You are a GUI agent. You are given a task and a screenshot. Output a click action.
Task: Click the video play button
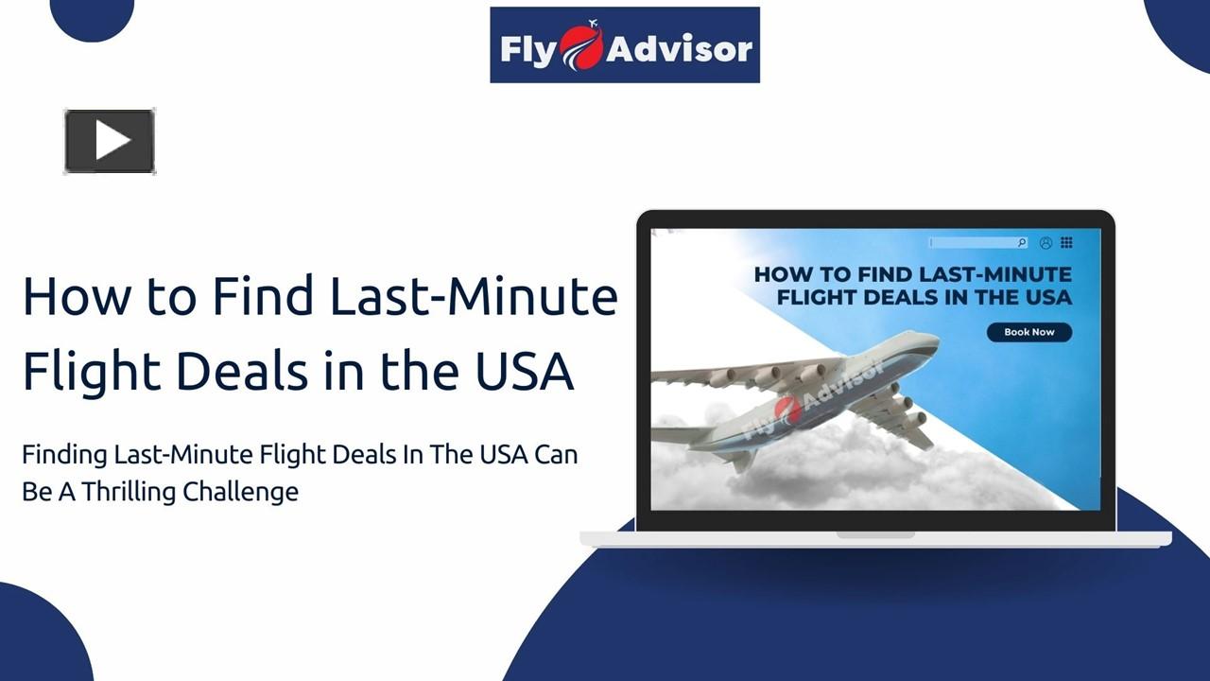[110, 142]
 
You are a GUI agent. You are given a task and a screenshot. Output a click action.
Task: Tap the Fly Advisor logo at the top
[625, 45]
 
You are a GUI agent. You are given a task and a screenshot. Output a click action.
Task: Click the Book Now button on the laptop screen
[1028, 332]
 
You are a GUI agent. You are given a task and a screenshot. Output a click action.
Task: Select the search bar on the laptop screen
[977, 243]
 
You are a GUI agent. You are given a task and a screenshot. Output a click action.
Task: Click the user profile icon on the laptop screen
[1046, 243]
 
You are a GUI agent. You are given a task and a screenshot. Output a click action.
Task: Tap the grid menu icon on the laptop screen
[1066, 243]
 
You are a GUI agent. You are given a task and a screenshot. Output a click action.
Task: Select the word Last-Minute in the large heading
[473, 296]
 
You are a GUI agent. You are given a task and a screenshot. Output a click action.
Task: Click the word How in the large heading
[76, 296]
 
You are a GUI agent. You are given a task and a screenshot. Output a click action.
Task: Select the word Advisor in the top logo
[679, 47]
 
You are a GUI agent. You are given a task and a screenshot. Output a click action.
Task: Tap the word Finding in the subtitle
[64, 455]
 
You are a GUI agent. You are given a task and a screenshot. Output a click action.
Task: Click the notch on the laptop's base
[875, 535]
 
